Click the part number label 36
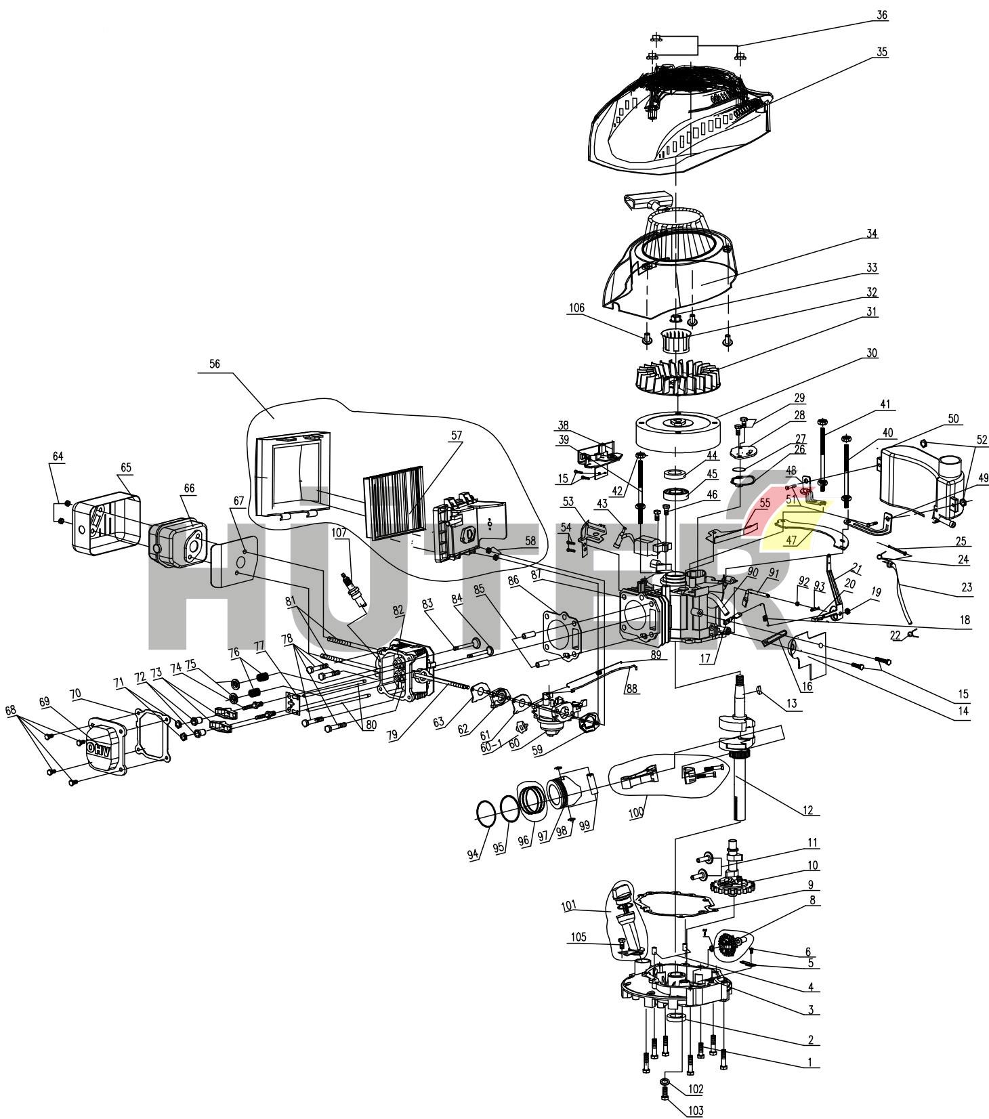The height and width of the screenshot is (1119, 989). pyautogui.click(x=881, y=15)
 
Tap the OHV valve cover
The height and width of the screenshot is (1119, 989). pyautogui.click(x=102, y=745)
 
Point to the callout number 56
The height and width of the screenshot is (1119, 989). pyautogui.click(x=215, y=364)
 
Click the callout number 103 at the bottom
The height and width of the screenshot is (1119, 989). pyautogui.click(x=696, y=1111)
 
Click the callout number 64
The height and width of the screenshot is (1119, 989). pyautogui.click(x=58, y=457)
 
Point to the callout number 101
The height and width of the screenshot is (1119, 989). pyautogui.click(x=568, y=905)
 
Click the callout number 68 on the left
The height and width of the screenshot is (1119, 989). pyautogui.click(x=12, y=712)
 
